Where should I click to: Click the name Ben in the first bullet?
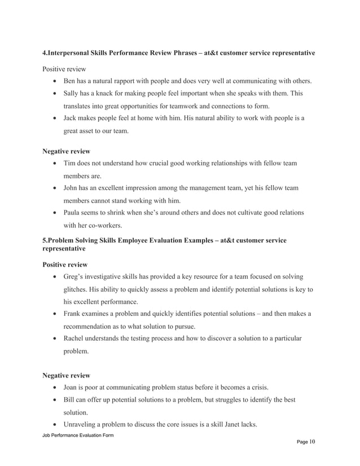click(x=71, y=82)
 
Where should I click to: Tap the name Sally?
click(x=72, y=94)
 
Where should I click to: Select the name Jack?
click(x=72, y=118)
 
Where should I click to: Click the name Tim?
click(x=71, y=164)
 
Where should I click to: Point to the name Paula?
click(x=74, y=213)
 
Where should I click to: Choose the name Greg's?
click(x=75, y=276)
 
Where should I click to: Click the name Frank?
click(x=74, y=314)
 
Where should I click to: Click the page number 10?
click(x=312, y=442)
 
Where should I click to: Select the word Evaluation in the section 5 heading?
click(x=181, y=241)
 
